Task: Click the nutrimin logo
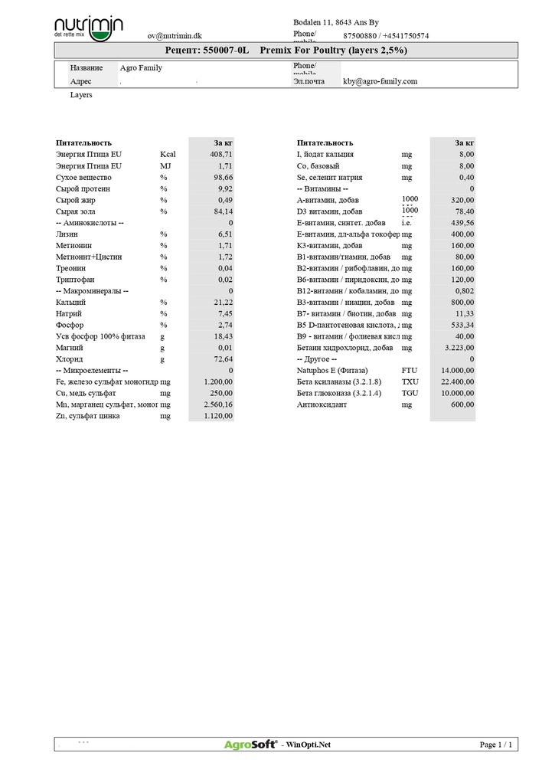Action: pos(88,28)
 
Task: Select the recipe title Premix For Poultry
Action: pos(333,50)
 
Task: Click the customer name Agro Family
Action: pos(141,68)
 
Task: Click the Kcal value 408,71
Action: pos(220,154)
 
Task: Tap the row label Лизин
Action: pos(67,234)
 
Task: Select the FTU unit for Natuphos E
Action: pos(410,371)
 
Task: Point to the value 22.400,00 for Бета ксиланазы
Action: pos(457,382)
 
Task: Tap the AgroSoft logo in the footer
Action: pos(251,745)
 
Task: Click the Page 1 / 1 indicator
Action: pos(496,745)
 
